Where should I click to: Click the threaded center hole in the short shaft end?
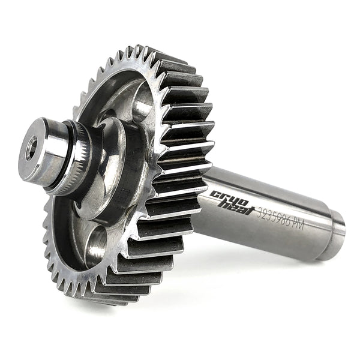(x=31, y=148)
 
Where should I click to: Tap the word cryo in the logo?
(x=229, y=199)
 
